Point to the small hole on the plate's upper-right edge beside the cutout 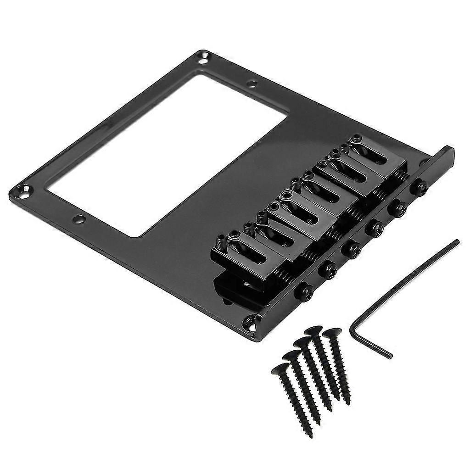point(252,84)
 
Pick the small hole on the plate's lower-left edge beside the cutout point(79,219)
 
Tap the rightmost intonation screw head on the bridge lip point(419,187)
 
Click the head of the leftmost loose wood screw point(280,368)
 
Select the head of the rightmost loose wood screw point(331,332)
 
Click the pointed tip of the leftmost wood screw point(311,435)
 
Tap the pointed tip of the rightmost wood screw point(349,403)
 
